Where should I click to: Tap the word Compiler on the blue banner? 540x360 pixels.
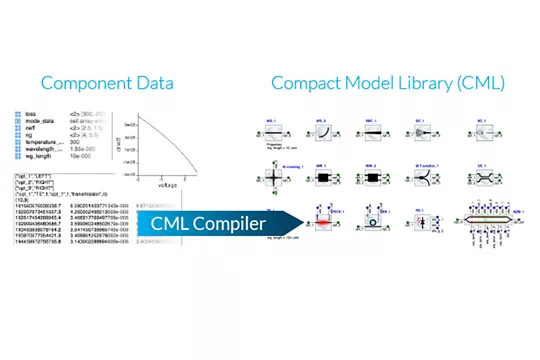[230, 223]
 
